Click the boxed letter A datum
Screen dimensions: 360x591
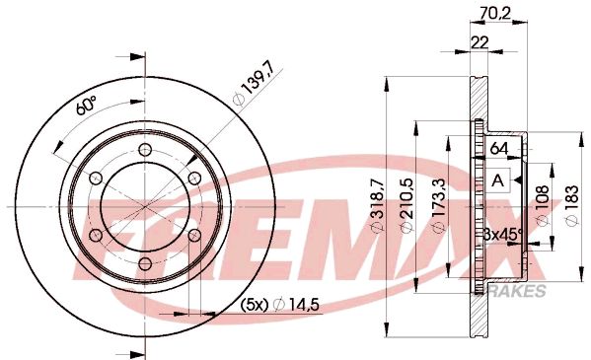point(499,180)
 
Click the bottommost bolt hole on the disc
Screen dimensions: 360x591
point(145,263)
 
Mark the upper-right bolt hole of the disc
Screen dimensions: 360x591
point(194,179)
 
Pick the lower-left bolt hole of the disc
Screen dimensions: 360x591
point(96,236)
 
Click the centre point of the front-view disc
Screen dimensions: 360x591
point(145,207)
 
